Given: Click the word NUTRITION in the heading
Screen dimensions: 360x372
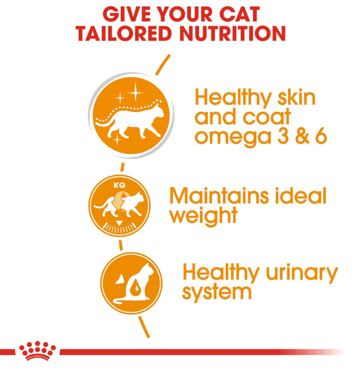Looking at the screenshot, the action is coord(233,33).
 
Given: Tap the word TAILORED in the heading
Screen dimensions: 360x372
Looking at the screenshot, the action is coord(124,33).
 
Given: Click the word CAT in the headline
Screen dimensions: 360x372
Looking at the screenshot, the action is coord(240,14).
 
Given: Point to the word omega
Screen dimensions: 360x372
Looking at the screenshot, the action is coord(233,138).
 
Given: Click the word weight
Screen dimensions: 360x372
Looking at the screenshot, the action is coord(203,216).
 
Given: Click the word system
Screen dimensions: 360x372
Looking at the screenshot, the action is coord(216,293).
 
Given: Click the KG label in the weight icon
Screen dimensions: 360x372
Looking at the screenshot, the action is coord(119,185).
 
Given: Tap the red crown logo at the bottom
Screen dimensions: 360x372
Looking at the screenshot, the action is coord(37,351).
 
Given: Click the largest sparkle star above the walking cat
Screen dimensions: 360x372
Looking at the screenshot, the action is coord(135,92).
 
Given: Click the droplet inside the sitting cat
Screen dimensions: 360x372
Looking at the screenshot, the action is coord(136,287).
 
